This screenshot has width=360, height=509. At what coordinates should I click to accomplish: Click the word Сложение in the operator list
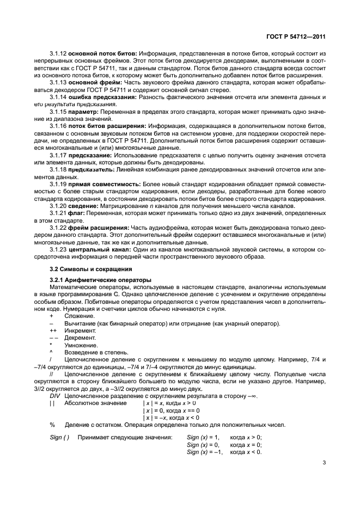pos(79,316)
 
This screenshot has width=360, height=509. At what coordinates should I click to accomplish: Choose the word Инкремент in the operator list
pos(80,331)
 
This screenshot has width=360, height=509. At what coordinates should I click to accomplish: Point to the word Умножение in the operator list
pos(81,345)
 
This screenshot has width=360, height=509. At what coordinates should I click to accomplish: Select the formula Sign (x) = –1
pos(205,451)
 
